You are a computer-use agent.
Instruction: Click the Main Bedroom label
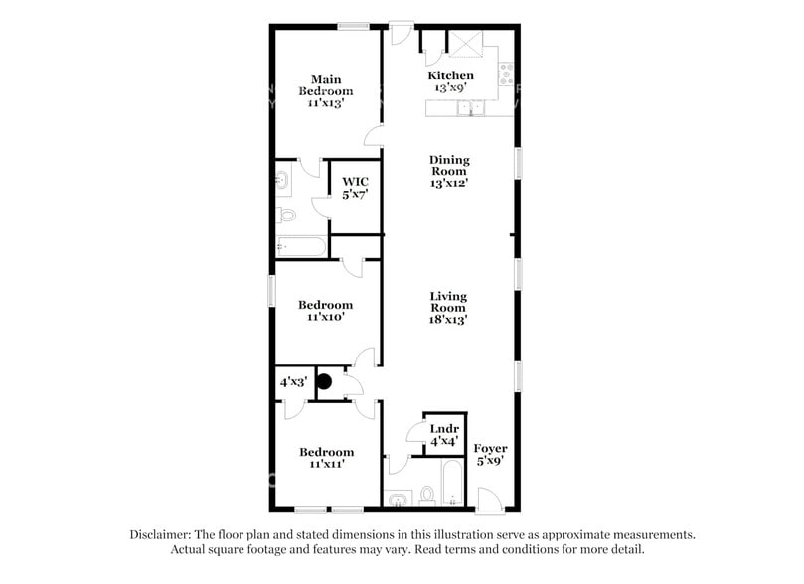point(327,90)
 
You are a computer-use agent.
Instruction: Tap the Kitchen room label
point(450,81)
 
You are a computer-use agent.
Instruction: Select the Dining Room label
point(449,171)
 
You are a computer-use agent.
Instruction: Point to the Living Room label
point(448,308)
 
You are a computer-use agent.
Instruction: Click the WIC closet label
point(355,186)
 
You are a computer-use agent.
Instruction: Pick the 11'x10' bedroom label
point(326,311)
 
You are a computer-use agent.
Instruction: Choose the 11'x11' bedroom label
point(326,458)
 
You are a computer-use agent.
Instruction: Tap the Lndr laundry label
point(442,434)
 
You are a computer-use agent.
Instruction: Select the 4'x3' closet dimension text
point(292,380)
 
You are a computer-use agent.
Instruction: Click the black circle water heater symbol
point(324,379)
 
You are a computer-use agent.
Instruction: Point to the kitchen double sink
point(467,107)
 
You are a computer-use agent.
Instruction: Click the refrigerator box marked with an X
point(464,44)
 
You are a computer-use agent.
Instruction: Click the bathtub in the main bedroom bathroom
point(300,246)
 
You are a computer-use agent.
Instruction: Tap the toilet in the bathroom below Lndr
point(427,494)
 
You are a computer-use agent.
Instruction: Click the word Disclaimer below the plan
point(162,534)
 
